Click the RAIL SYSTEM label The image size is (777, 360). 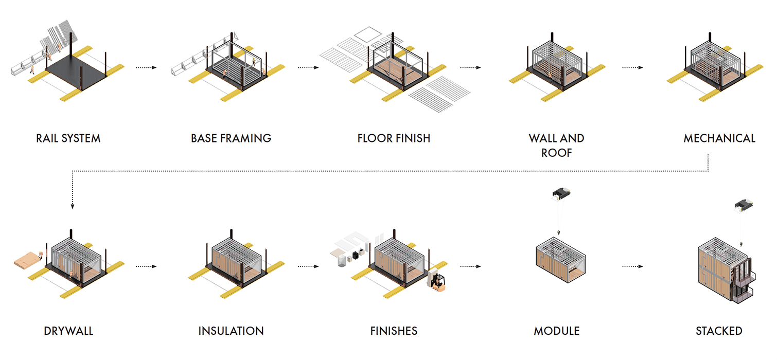click(x=68, y=138)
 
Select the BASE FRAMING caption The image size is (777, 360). click(x=231, y=138)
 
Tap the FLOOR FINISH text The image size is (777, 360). click(x=394, y=138)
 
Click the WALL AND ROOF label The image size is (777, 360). click(x=556, y=146)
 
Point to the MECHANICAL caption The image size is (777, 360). click(x=719, y=138)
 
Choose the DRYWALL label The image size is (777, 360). click(x=68, y=331)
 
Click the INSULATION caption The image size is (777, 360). click(x=231, y=331)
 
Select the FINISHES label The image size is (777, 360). click(x=394, y=331)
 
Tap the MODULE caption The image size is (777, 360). click(x=556, y=331)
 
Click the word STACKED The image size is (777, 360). click(x=719, y=331)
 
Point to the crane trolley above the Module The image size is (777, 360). click(x=560, y=193)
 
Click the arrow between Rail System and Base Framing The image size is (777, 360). click(x=146, y=67)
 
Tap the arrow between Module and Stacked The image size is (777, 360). click(x=632, y=266)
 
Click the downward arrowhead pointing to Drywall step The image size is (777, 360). click(x=73, y=206)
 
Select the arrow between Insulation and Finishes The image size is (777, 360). click(x=308, y=266)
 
